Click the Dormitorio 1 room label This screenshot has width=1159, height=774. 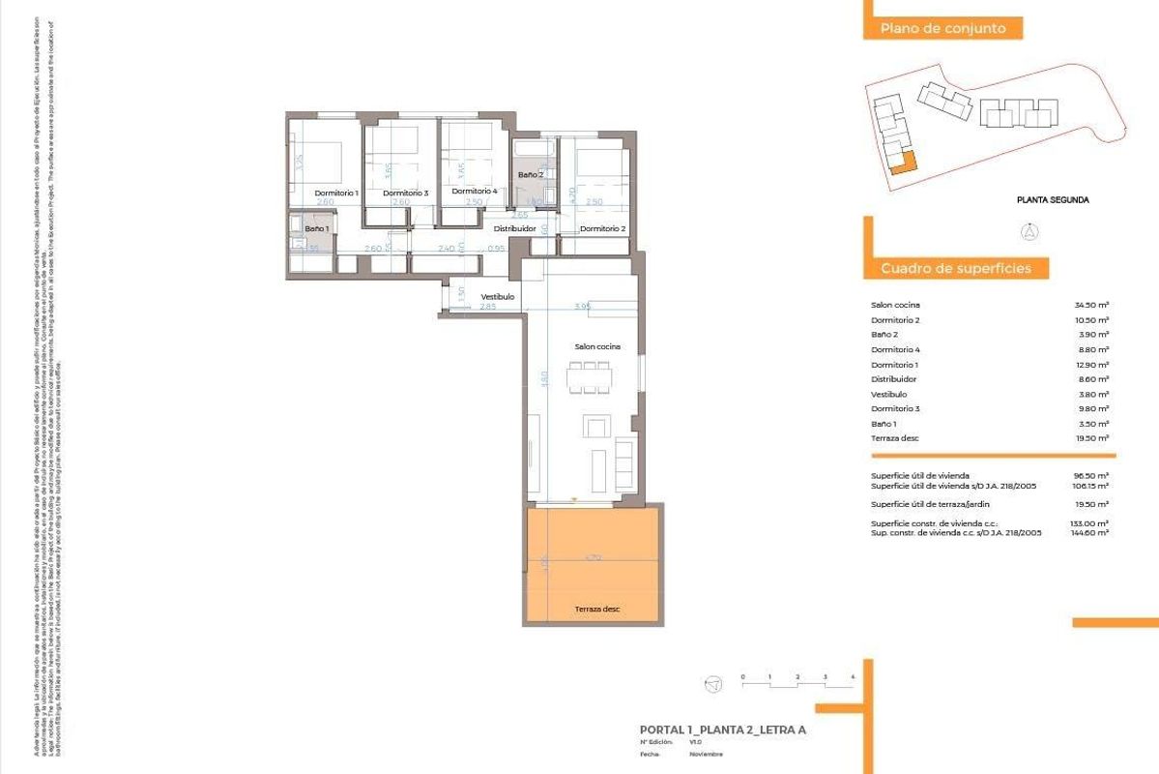(x=336, y=193)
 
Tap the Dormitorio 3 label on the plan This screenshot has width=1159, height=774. (x=405, y=193)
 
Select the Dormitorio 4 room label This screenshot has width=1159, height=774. (x=474, y=191)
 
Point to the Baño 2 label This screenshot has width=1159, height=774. (x=531, y=174)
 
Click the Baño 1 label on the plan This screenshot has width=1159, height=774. (x=317, y=228)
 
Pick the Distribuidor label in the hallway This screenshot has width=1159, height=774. (x=514, y=228)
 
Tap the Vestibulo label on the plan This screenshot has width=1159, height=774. (x=498, y=296)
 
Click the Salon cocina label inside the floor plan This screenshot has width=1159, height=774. (x=596, y=345)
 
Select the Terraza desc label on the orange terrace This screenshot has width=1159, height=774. (x=596, y=609)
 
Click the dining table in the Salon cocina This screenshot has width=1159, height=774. (x=590, y=376)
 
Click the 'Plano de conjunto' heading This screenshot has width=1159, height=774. (x=936, y=28)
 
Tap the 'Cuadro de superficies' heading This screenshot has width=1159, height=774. (x=955, y=268)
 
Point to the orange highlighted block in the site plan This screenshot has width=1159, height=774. (x=902, y=163)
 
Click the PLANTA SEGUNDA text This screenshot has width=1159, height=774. (x=1053, y=200)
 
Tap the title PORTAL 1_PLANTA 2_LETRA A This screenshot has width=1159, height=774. (x=722, y=729)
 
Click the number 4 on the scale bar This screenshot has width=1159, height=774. (x=853, y=675)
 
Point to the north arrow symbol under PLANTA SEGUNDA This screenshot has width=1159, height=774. (x=1031, y=231)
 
